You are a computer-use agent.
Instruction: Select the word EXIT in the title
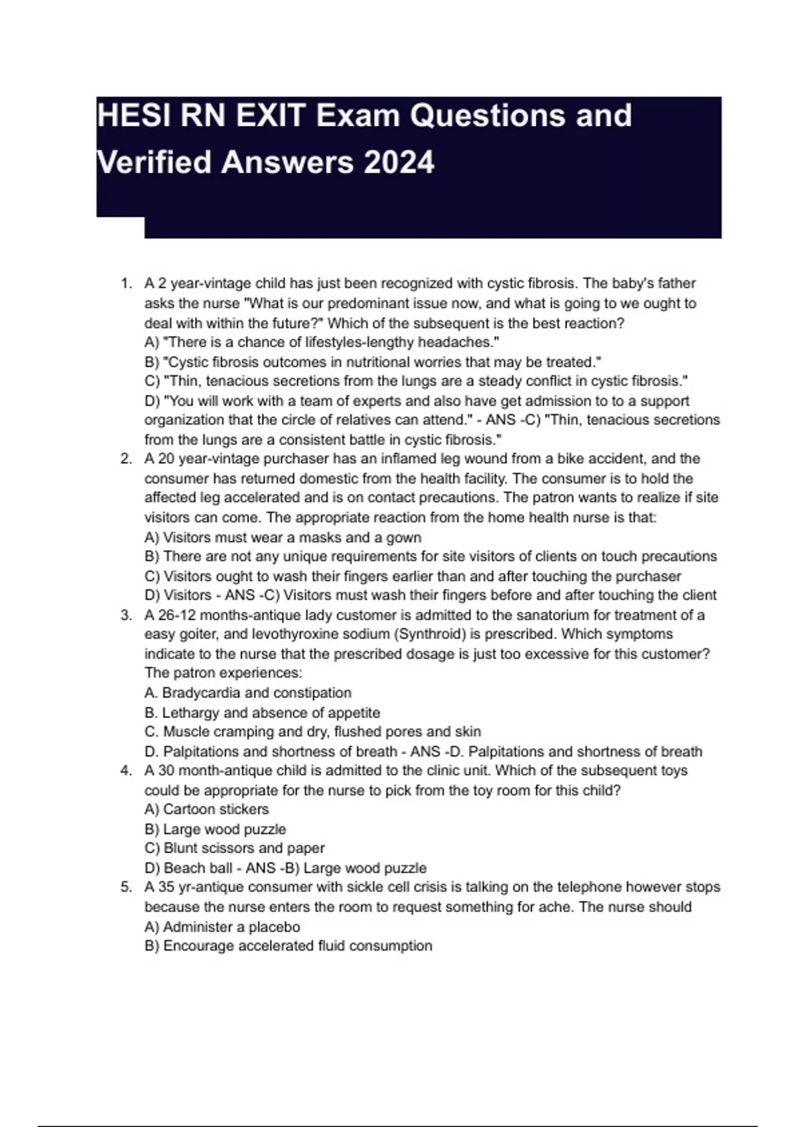tap(272, 116)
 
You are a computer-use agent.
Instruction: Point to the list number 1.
tap(126, 284)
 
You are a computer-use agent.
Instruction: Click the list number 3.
tap(126, 615)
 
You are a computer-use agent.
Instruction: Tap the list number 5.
tap(126, 887)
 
